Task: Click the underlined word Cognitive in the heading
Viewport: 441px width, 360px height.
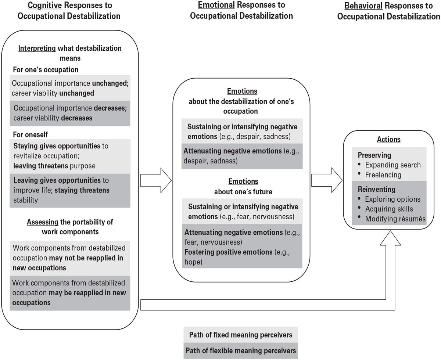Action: (x=45, y=6)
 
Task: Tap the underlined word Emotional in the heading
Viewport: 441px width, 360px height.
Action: (x=216, y=5)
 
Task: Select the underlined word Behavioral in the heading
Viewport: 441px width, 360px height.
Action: (x=363, y=6)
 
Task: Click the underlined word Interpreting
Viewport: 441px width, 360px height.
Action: (x=37, y=48)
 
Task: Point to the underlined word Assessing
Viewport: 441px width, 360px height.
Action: (x=43, y=222)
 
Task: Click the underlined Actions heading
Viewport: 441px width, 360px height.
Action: (x=388, y=139)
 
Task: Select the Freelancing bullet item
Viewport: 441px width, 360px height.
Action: (x=383, y=175)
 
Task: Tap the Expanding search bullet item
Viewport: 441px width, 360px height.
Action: (x=393, y=165)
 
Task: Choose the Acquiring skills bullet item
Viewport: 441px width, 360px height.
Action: (x=389, y=209)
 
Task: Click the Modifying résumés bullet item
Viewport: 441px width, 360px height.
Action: (x=395, y=219)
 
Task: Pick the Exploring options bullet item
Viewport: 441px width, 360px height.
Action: (x=392, y=199)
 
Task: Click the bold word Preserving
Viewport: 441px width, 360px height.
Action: (x=374, y=155)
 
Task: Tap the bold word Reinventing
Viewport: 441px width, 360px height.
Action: (x=376, y=189)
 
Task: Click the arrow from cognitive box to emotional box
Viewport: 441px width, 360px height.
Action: (x=156, y=180)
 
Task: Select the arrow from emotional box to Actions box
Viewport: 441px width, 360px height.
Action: (x=327, y=180)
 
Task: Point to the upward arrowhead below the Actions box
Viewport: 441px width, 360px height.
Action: (x=390, y=238)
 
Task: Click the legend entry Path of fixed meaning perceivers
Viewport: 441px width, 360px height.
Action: (x=240, y=335)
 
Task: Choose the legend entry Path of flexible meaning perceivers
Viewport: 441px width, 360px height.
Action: (x=241, y=350)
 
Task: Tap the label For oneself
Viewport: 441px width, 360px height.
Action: (x=31, y=135)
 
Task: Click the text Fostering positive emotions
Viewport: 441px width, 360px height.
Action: (x=228, y=252)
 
